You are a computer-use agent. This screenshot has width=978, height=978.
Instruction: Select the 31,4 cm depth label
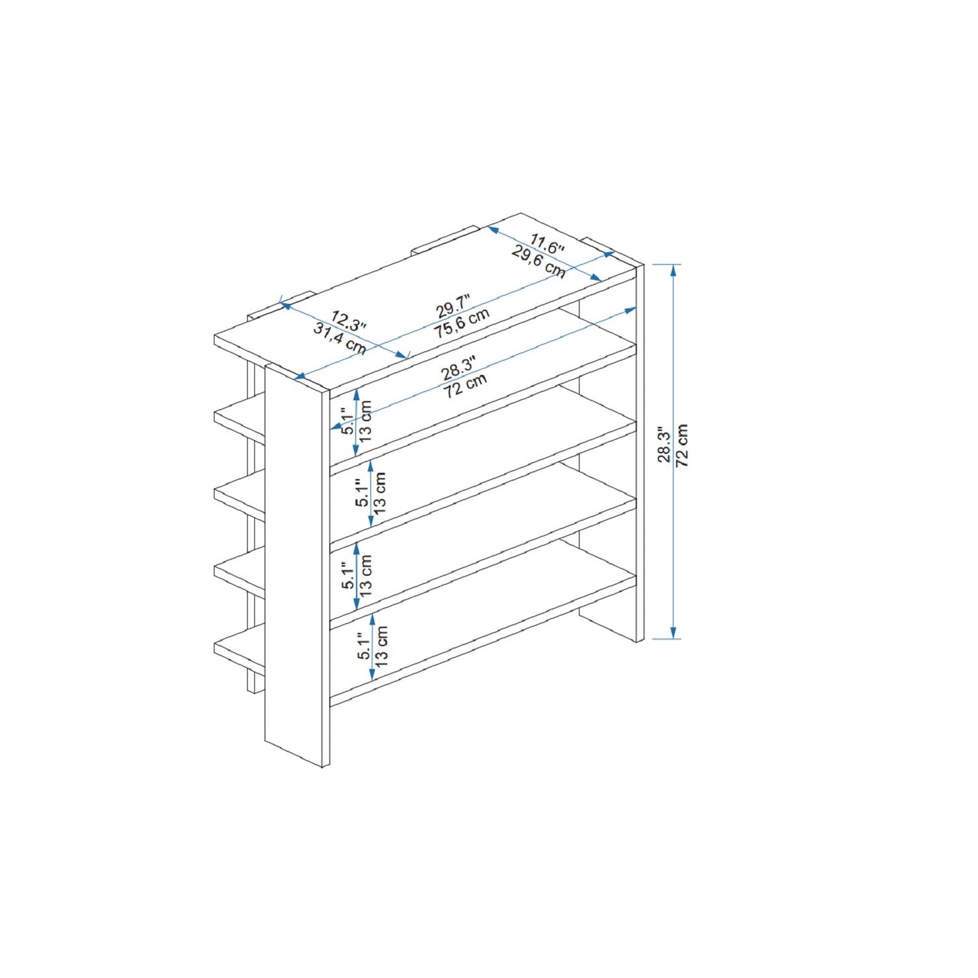click(x=339, y=338)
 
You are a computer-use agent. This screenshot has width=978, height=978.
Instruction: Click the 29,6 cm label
click(x=538, y=262)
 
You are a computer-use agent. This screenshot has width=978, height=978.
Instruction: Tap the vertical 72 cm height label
click(x=682, y=445)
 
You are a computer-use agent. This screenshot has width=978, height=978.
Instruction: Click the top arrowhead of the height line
click(x=673, y=269)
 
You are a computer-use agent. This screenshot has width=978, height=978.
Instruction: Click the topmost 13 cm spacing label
click(x=365, y=421)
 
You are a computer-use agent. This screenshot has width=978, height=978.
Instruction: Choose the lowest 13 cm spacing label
click(x=382, y=646)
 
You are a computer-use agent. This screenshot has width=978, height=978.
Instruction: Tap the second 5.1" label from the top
click(x=363, y=492)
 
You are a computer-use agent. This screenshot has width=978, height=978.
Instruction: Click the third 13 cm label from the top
click(x=365, y=575)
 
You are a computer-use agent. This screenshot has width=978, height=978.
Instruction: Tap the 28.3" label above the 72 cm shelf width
click(x=458, y=370)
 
